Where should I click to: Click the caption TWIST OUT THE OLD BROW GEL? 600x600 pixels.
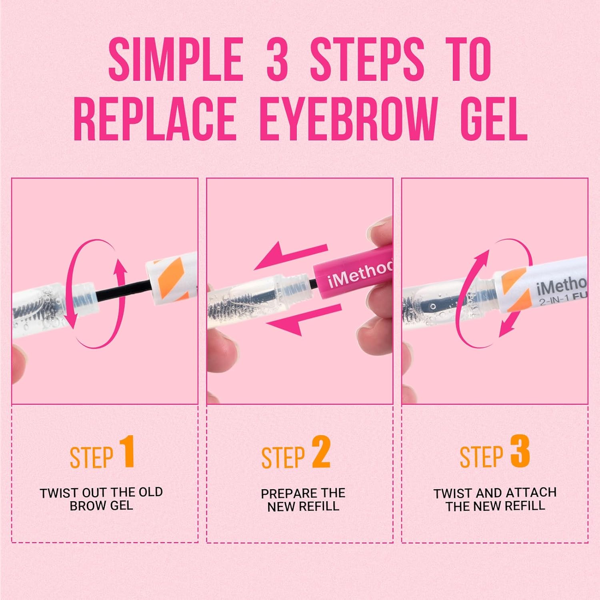(101, 499)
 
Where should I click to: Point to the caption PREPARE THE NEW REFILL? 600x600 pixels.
(303, 500)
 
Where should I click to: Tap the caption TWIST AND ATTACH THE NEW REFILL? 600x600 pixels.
(495, 499)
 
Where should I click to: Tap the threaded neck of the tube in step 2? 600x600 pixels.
(303, 284)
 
